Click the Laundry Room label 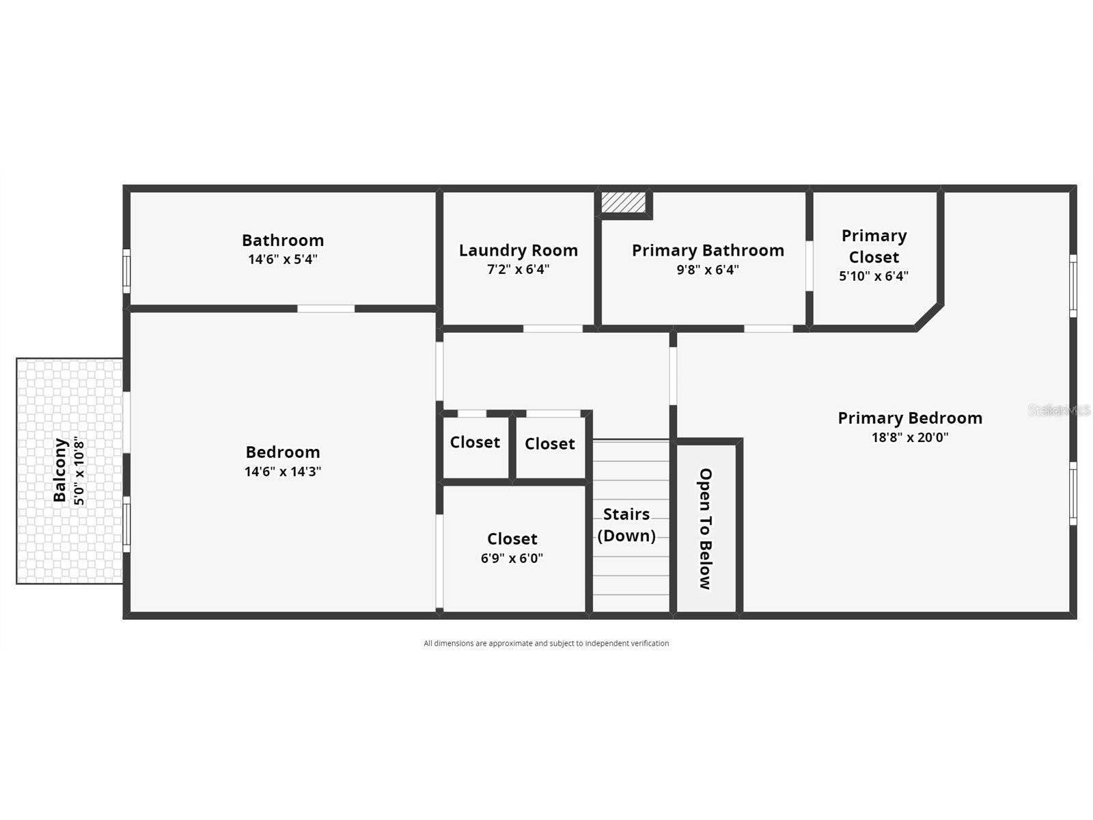tap(518, 251)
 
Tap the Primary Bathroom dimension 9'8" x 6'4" tap(708, 270)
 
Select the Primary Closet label tap(874, 246)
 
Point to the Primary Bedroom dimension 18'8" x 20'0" tap(910, 437)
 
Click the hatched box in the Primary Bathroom tap(623, 202)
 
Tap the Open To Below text tap(706, 528)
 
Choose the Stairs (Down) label tap(626, 525)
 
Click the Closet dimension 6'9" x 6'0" tap(512, 558)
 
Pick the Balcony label tap(60, 470)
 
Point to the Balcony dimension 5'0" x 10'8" tap(80, 470)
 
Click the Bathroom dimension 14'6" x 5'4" tap(283, 260)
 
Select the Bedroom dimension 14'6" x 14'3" tap(283, 471)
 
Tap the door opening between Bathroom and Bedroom tap(326, 309)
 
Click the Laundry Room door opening tap(553, 329)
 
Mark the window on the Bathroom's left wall tap(126, 271)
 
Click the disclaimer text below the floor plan tap(546, 643)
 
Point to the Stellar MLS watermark tap(1059, 410)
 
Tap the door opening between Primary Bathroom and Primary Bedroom tap(768, 329)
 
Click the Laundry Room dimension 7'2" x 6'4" tap(518, 270)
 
